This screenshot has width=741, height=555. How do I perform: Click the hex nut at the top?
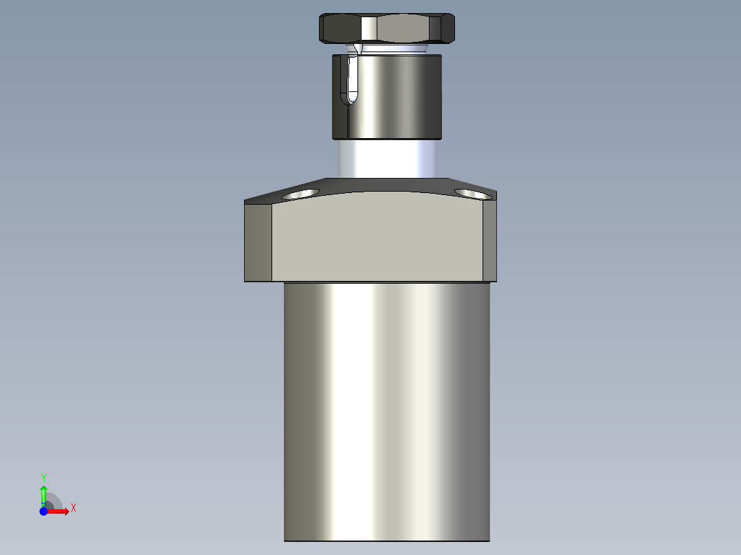412,27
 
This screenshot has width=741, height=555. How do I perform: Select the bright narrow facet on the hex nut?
370,28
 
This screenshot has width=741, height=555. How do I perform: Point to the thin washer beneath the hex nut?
392,49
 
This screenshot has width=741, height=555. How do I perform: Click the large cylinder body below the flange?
386,412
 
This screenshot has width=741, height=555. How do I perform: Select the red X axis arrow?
58,512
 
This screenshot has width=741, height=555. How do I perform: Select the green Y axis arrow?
43,493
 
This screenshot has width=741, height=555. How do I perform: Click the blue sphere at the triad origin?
43,512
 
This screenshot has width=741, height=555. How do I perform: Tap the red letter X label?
73,508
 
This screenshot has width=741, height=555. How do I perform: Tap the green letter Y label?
43,477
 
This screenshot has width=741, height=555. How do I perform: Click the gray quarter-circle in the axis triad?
54,502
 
